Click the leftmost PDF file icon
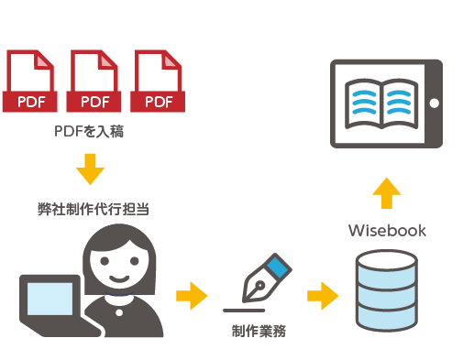29,82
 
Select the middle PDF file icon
94,82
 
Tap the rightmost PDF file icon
158,82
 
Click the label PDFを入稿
89,132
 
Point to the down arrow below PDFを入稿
89,168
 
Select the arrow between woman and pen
191,295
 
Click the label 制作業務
259,331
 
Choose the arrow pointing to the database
322,295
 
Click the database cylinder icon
386,293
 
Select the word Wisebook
387,230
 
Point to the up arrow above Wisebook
387,193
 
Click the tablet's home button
434,102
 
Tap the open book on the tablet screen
380,103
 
